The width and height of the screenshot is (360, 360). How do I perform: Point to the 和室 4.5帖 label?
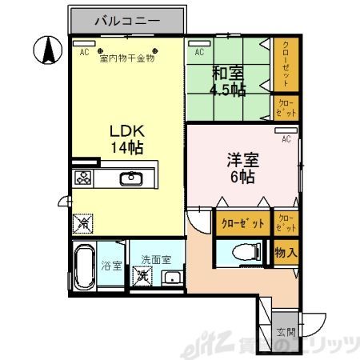pyautogui.click(x=227, y=81)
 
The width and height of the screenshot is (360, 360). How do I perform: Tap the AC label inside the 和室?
pyautogui.click(x=199, y=52)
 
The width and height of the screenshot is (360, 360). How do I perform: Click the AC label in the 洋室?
pyautogui.click(x=285, y=138)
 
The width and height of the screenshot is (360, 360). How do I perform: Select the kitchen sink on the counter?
pyautogui.click(x=130, y=178)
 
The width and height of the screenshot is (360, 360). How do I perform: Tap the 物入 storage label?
pyautogui.click(x=286, y=253)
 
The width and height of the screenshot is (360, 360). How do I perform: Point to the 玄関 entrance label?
pyautogui.click(x=286, y=330)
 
